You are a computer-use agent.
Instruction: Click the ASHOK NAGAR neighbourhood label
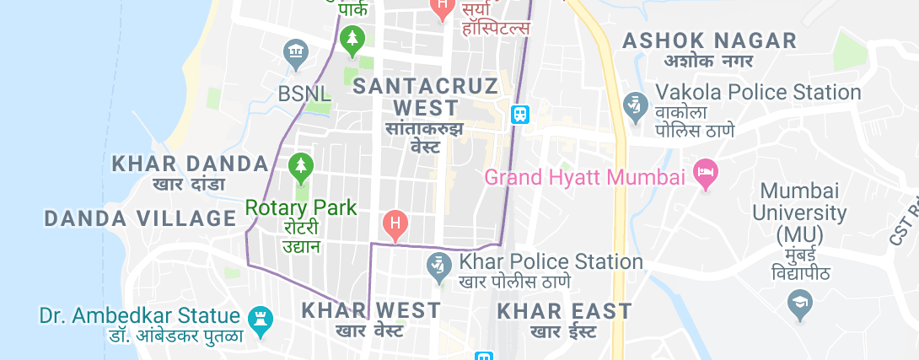(708, 40)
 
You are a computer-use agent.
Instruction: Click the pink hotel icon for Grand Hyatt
(704, 175)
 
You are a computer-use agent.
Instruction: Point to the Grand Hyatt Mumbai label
(585, 178)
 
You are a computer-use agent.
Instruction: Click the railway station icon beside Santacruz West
(520, 114)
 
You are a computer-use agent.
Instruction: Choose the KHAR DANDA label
(190, 163)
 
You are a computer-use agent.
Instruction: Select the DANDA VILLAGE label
(140, 218)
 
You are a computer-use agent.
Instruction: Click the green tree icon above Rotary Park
(300, 167)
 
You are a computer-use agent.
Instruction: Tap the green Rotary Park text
(301, 207)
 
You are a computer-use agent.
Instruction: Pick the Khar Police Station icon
(437, 266)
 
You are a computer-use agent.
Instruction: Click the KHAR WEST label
(371, 309)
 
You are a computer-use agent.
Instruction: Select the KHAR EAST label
(565, 310)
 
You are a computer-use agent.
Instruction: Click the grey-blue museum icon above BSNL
(296, 54)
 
